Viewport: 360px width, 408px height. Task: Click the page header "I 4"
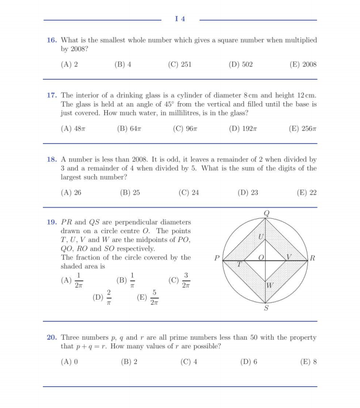click(180, 19)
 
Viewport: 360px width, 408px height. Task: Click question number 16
click(52, 41)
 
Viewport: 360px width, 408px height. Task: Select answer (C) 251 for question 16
click(180, 65)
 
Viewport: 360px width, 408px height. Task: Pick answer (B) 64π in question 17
click(129, 129)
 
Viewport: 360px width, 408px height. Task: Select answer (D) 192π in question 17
click(243, 129)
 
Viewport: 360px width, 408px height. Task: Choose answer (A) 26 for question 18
click(71, 193)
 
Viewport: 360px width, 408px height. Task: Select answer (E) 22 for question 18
click(306, 193)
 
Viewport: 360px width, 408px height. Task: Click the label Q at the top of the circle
click(266, 213)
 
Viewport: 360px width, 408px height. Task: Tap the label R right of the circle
click(312, 259)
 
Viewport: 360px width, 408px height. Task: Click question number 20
click(52, 338)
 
